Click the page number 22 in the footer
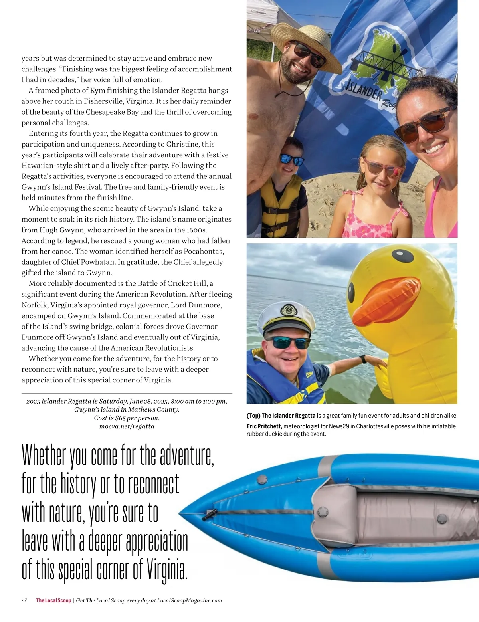pos(24,600)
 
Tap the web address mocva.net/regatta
pos(127,426)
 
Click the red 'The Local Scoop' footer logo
pos(53,600)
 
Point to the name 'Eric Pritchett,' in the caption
pos(264,426)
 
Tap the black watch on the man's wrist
pos(362,359)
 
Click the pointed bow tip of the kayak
pos(182,512)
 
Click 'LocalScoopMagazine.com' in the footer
pos(189,600)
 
